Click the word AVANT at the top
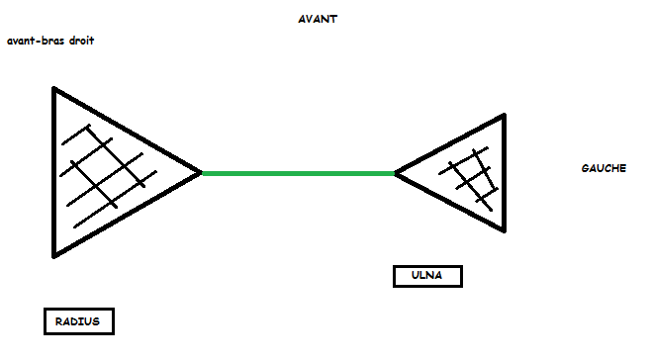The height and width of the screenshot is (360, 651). tap(318, 19)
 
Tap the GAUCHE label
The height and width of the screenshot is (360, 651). tap(603, 169)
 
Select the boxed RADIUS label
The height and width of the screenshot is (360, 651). tap(79, 321)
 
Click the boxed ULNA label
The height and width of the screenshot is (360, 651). tap(427, 276)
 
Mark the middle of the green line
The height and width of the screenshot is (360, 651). tap(298, 173)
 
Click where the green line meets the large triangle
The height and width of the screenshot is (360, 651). tap(202, 173)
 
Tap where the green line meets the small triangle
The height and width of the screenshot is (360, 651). tap(396, 173)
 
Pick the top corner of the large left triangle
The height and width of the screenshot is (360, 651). tap(54, 89)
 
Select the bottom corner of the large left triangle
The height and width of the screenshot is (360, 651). tap(55, 255)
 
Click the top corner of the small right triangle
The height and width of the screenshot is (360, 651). tap(504, 117)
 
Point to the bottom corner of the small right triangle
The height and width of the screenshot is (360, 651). tap(504, 232)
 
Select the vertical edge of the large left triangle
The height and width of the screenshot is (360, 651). tap(54, 173)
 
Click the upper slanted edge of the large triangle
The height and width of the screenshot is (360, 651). tap(129, 131)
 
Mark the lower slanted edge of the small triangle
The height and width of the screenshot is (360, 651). tap(450, 203)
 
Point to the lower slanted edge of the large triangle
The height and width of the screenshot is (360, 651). tap(129, 214)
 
